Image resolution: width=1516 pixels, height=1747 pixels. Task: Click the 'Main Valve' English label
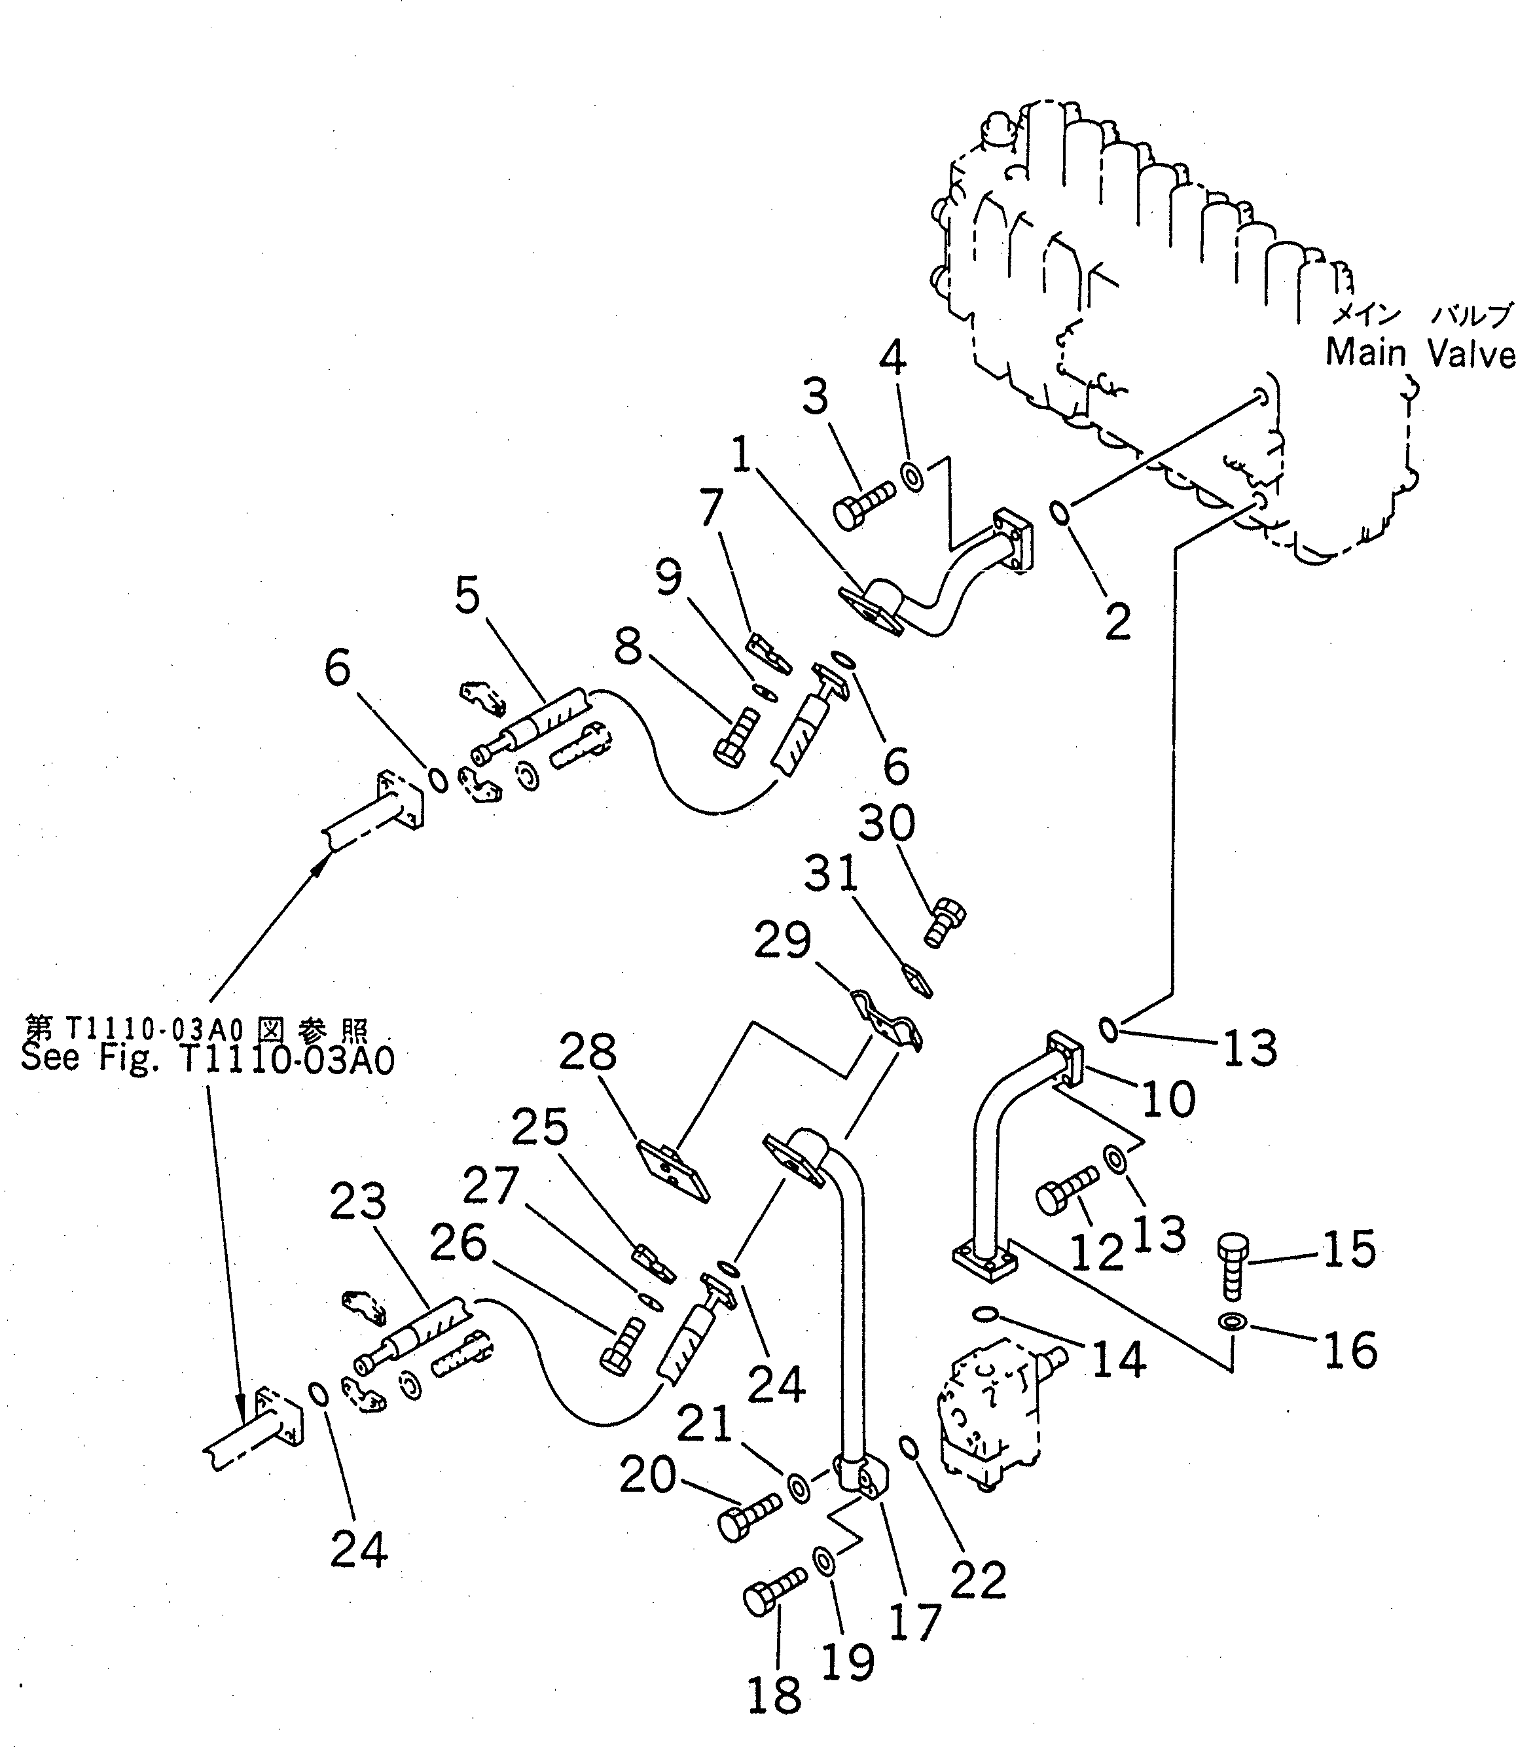pos(1418,353)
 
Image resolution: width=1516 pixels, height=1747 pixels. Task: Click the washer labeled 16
pos(1230,1322)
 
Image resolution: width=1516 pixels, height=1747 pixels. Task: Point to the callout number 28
pos(588,1053)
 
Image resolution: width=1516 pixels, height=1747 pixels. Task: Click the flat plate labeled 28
pos(674,1170)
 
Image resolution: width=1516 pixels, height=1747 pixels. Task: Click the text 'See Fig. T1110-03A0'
pos(208,1059)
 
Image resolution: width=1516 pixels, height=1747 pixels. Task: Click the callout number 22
pos(978,1579)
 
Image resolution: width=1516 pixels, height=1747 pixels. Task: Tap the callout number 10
pos(1168,1099)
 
